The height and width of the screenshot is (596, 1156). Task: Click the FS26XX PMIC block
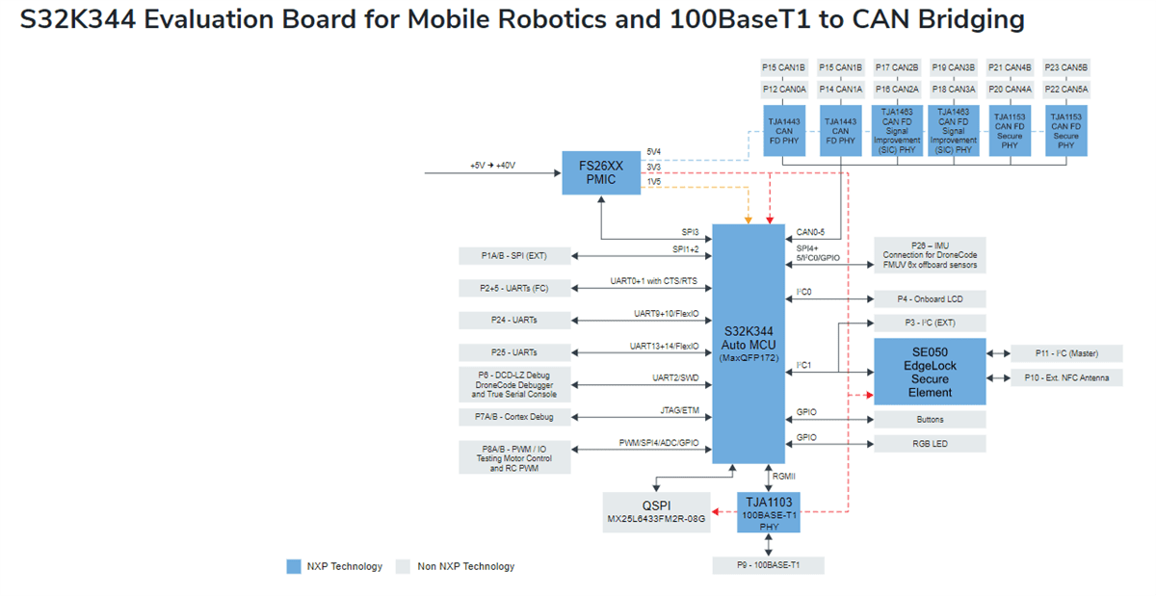click(x=601, y=172)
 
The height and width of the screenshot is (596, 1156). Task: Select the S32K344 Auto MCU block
click(x=749, y=344)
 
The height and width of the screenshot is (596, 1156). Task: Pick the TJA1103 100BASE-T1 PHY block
click(x=768, y=512)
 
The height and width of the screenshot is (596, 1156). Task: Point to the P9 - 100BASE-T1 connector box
click(x=768, y=565)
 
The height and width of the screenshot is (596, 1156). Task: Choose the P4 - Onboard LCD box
click(x=930, y=298)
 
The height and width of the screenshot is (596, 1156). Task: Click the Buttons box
click(x=930, y=420)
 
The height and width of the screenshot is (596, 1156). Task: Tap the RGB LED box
click(x=930, y=445)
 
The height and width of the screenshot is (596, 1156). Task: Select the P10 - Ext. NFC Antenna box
click(x=1065, y=377)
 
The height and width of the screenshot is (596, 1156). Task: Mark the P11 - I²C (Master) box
click(x=1065, y=352)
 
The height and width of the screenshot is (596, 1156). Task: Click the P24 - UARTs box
click(x=514, y=320)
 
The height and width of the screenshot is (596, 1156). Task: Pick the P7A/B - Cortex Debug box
click(x=514, y=417)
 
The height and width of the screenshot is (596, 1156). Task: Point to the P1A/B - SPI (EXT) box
click(x=514, y=255)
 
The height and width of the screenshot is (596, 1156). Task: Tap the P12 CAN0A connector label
click(x=784, y=90)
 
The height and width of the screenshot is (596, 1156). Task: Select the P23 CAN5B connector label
click(x=1066, y=68)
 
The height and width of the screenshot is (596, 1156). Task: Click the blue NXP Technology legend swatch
click(x=294, y=566)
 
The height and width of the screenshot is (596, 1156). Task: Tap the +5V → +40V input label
click(x=492, y=166)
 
